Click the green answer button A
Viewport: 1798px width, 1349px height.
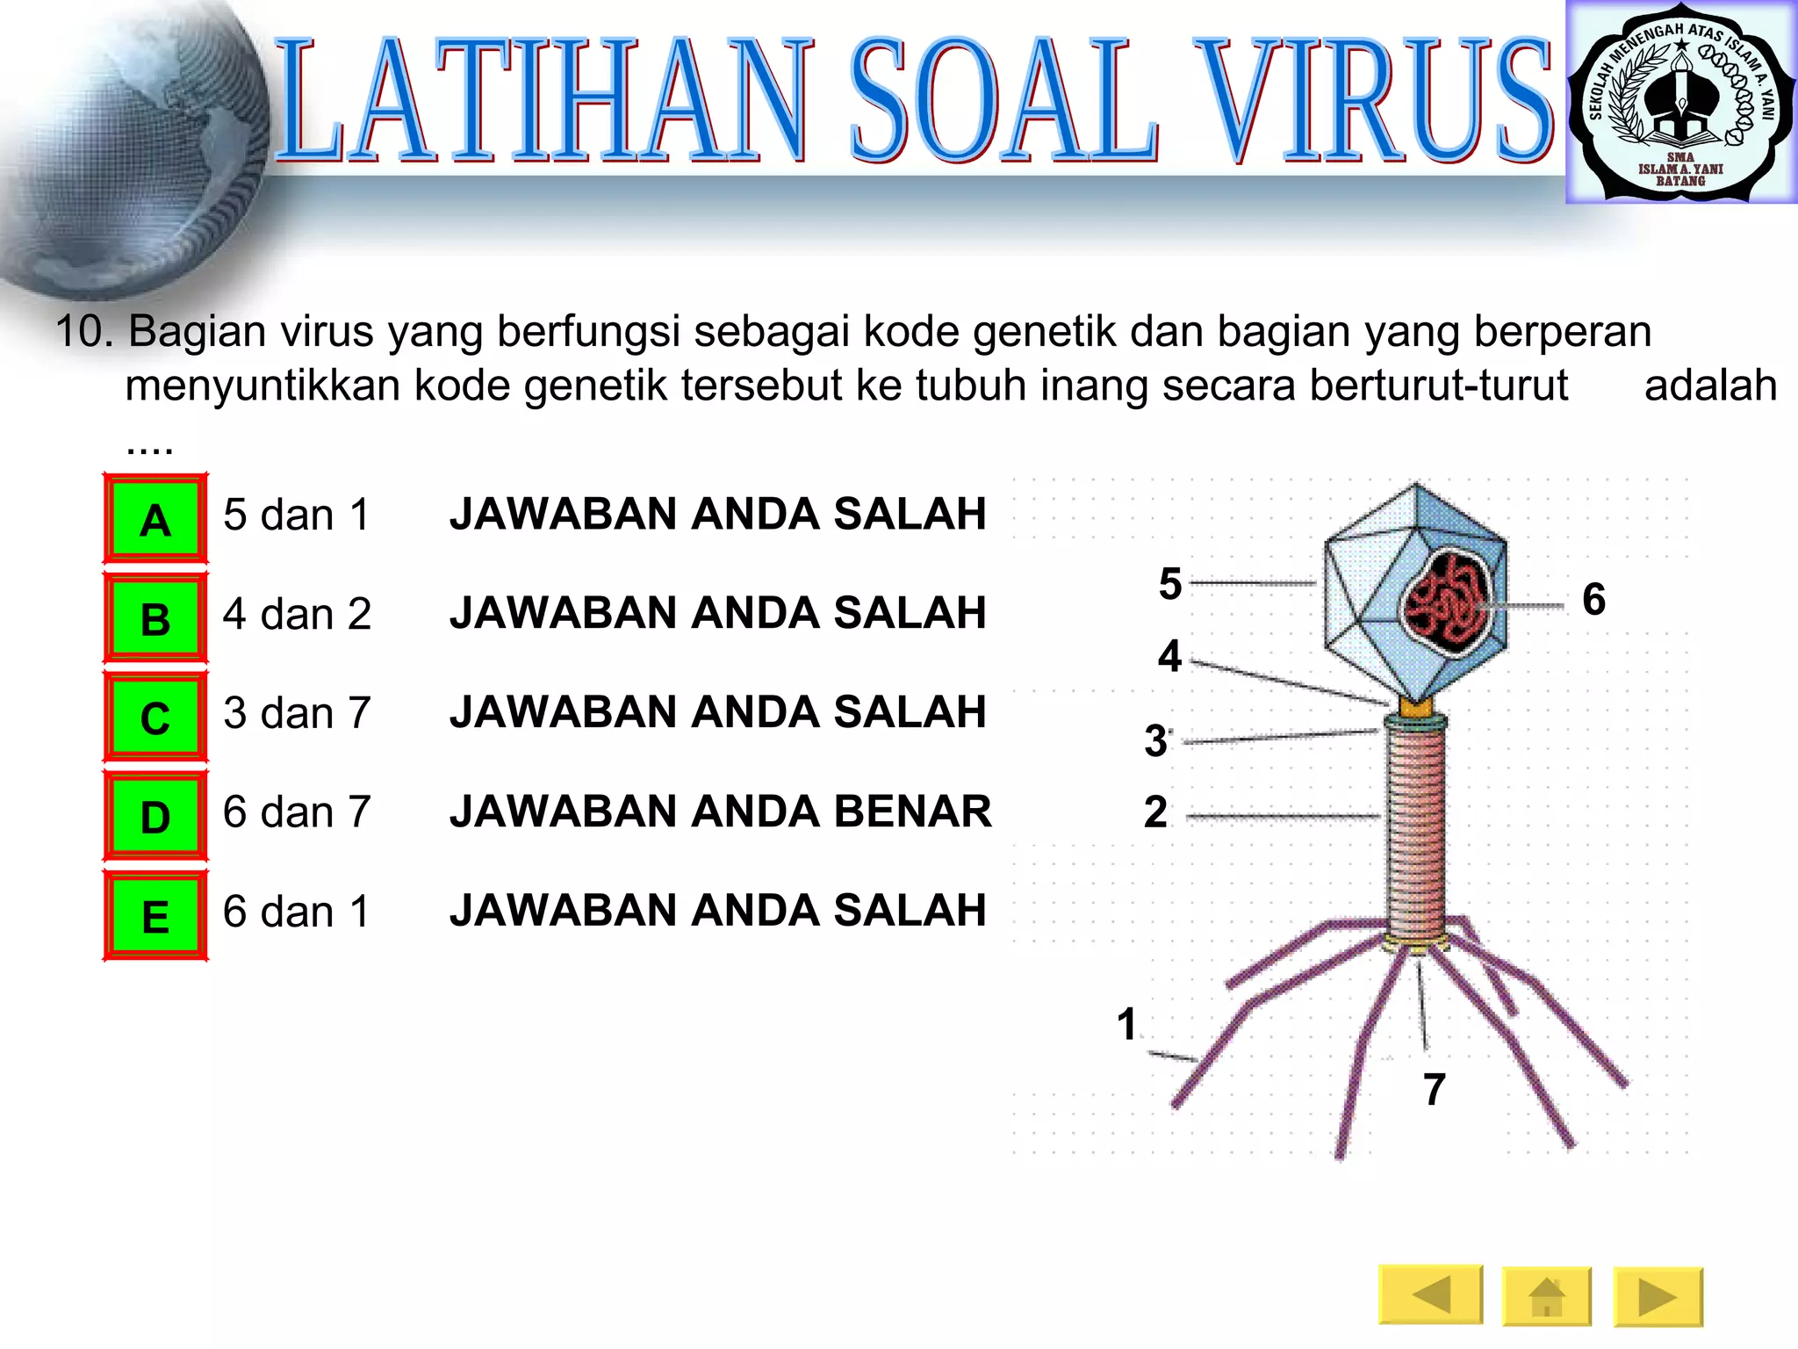point(155,519)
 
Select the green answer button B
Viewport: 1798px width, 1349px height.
point(155,618)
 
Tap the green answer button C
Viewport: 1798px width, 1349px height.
point(155,718)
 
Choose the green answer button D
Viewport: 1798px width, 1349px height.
point(155,817)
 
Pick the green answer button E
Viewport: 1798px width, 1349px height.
point(155,916)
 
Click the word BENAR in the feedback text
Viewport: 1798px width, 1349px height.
point(912,811)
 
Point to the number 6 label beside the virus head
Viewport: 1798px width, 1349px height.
point(1593,599)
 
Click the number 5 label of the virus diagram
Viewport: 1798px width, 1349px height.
point(1170,584)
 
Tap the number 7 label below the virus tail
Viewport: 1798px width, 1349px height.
point(1434,1089)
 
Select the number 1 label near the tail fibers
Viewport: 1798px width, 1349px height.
point(1127,1025)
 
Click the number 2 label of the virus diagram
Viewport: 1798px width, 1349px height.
point(1156,812)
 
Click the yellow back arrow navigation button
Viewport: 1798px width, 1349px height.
point(1430,1295)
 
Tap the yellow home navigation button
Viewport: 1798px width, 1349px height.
point(1546,1296)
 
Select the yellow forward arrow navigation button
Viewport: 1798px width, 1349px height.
point(1658,1296)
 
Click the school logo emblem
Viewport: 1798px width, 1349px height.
point(1680,103)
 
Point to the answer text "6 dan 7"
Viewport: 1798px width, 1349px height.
point(297,812)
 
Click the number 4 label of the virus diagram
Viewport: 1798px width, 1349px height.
point(1169,656)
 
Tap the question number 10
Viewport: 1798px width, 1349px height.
point(84,332)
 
